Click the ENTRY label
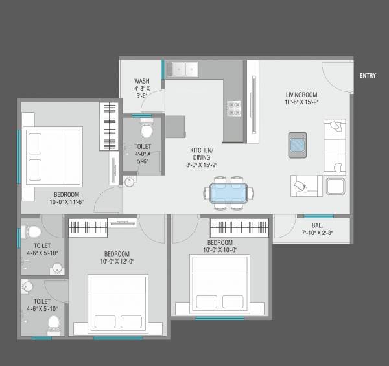click(368, 76)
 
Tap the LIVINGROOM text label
click(300, 94)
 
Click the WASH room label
click(141, 80)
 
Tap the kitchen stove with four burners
click(233, 108)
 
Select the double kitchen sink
click(182, 69)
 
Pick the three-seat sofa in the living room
click(335, 146)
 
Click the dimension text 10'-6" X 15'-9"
click(300, 102)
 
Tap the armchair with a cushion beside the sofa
click(305, 185)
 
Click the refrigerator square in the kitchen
click(176, 126)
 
